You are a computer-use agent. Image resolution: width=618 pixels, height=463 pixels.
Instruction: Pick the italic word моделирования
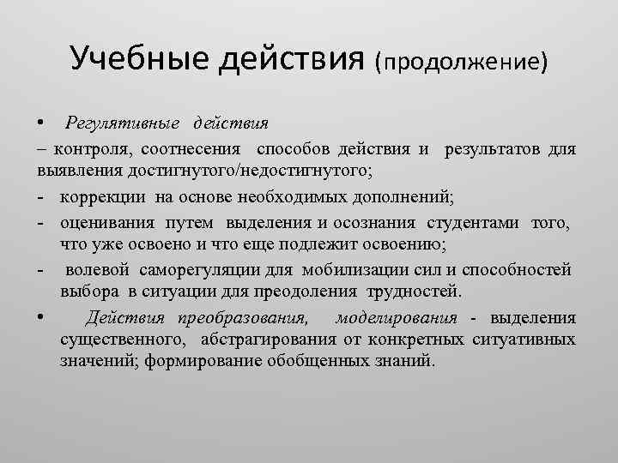click(397, 319)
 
